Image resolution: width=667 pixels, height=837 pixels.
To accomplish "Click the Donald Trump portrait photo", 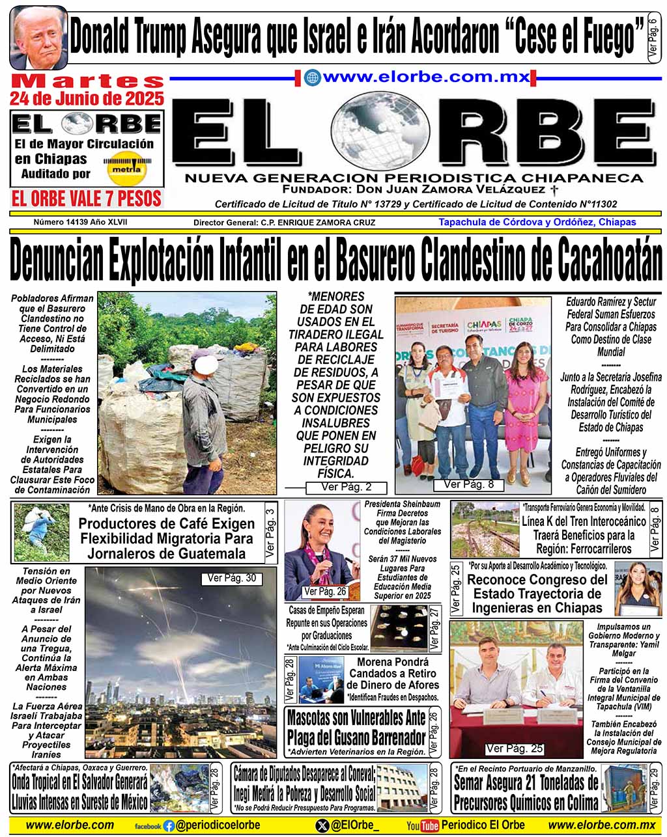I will [38, 37].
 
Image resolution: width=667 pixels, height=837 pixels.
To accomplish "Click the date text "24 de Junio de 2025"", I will [87, 99].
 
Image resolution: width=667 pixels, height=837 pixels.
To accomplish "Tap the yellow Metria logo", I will [126, 168].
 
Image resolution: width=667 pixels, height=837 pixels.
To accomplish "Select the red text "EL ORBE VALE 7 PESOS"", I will [87, 198].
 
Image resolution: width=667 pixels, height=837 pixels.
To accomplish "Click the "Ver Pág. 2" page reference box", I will [346, 487].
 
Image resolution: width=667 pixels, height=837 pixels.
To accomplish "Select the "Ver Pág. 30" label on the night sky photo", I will [231, 578].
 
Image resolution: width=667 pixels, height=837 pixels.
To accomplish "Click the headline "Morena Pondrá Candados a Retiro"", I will [392, 673].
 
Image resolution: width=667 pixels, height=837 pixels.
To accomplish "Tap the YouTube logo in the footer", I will [422, 825].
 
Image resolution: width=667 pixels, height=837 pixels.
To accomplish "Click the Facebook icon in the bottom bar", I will [169, 825].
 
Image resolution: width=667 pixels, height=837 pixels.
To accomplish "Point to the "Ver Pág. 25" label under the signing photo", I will [515, 748].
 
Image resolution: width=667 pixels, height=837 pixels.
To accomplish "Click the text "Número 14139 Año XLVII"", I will [81, 223].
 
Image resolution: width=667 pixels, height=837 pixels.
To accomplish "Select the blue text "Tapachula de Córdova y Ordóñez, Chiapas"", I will [537, 222].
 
